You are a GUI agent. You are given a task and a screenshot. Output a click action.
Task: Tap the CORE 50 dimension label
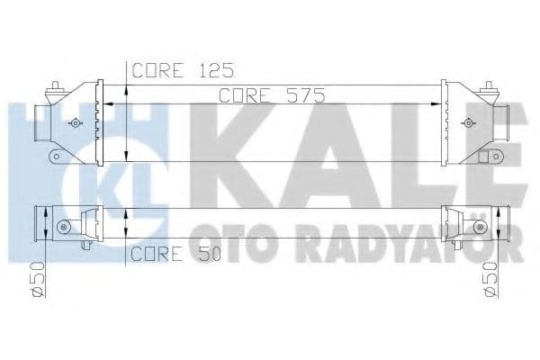[176, 254]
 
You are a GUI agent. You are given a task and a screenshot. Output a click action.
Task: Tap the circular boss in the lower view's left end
[64, 225]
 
